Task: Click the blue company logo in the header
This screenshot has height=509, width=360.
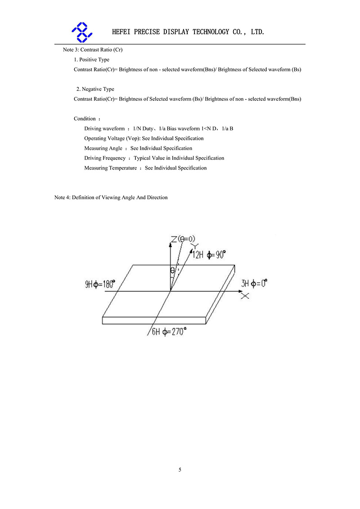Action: click(82, 32)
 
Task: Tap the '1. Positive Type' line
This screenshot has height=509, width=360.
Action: click(92, 59)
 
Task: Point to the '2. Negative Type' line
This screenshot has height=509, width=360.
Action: click(95, 89)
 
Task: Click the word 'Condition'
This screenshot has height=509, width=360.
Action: click(85, 119)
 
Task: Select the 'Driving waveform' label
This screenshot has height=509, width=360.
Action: click(104, 129)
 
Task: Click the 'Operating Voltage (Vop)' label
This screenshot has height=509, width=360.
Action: click(112, 139)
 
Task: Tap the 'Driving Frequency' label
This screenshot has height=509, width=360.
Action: click(105, 158)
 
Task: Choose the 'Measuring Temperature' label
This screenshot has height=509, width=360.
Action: click(110, 168)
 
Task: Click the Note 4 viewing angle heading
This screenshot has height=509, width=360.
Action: click(111, 198)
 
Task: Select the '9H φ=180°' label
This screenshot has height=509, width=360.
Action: click(99, 284)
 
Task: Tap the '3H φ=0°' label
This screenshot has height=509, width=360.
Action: click(254, 284)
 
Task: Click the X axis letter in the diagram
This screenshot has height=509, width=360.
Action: click(245, 296)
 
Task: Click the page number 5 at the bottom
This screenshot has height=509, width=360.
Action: click(180, 470)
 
